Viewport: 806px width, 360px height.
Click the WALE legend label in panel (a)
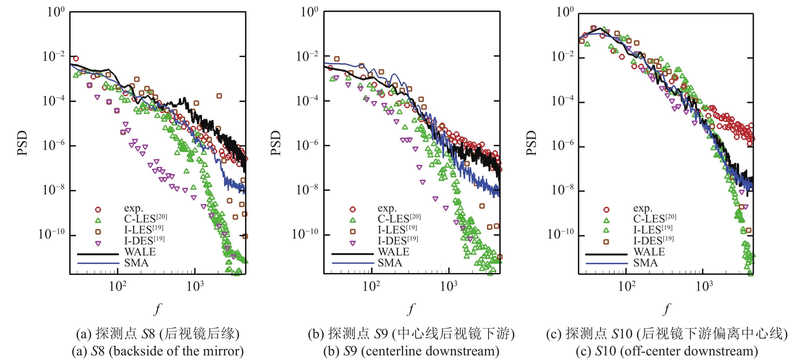140,252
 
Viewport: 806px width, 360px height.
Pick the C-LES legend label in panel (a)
145,218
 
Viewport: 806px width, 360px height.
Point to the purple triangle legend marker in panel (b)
353,243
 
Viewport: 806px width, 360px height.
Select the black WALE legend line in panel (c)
606,254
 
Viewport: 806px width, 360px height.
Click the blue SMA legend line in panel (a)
98,263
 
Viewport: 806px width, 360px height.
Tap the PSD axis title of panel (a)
22,143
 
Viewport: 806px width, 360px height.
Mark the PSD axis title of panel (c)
531,143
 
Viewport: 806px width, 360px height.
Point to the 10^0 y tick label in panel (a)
56,12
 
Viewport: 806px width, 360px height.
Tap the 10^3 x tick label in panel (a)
195,286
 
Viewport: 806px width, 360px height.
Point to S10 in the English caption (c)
606,351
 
